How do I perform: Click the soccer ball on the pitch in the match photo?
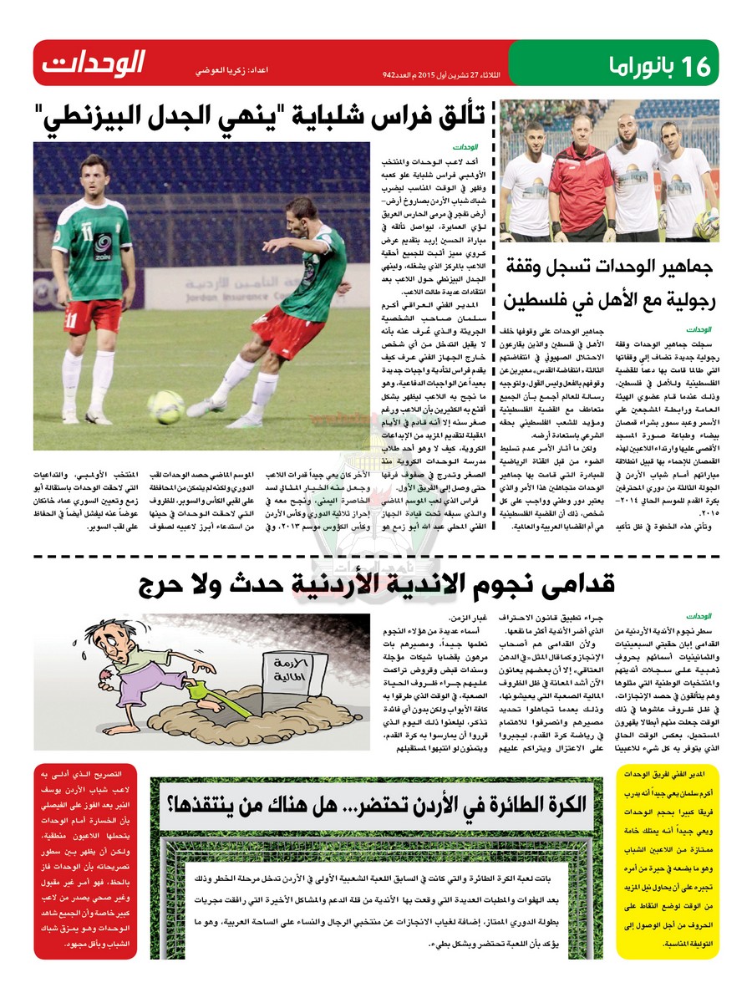click(165, 406)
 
